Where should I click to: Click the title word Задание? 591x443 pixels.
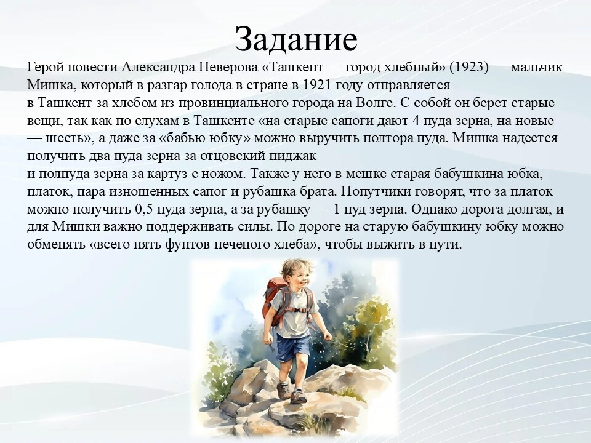pyautogui.click(x=296, y=39)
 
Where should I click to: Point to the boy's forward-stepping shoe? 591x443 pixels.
pyautogui.click(x=298, y=397)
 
